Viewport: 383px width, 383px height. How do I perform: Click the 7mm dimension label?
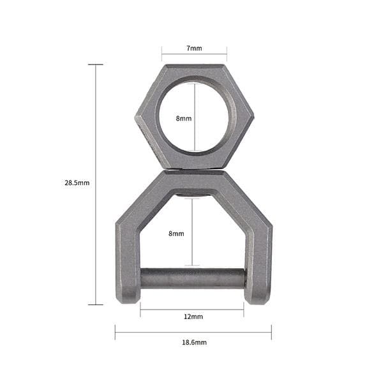click(194, 49)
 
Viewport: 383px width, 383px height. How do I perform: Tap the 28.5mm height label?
click(77, 183)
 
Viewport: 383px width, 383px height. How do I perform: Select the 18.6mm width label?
click(194, 342)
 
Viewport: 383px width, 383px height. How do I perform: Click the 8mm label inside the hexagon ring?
click(183, 119)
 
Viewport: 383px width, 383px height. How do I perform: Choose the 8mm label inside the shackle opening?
click(176, 234)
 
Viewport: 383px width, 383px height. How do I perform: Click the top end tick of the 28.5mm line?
click(96, 64)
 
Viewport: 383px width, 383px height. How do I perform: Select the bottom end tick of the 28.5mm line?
click(96, 304)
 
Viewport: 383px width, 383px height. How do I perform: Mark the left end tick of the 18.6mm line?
click(116, 332)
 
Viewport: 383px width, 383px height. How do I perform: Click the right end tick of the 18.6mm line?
click(271, 332)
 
